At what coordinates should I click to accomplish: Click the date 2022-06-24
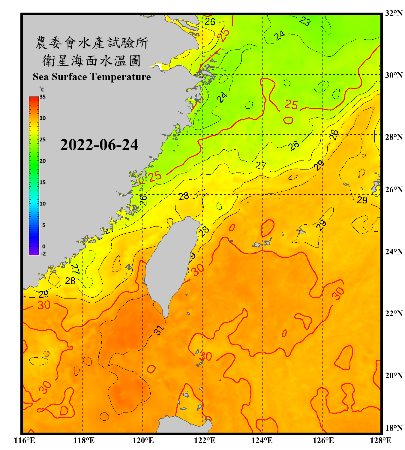pos(99,145)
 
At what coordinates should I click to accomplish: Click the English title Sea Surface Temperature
pos(92,77)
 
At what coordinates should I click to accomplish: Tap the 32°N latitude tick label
pos(394,13)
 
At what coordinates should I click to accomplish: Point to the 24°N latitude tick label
pos(394,251)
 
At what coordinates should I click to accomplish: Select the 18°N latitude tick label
pos(394,428)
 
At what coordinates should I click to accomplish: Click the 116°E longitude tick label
pos(25,440)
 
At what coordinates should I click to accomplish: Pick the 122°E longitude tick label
pos(205,440)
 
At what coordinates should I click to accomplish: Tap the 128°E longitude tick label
pos(380,440)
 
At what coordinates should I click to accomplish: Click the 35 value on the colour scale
pos(43,97)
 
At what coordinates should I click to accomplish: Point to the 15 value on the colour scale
pos(43,182)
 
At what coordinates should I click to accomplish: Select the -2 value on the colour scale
pos(43,254)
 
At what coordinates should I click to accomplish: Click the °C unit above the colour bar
pos(42,89)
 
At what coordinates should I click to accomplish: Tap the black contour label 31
pos(159,330)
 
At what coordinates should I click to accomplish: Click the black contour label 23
pos(305,21)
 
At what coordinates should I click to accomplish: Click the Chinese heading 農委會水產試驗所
pos(92,43)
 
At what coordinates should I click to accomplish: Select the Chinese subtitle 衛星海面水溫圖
pos(91,61)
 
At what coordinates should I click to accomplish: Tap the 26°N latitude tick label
pos(394,190)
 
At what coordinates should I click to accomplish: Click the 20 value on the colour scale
pos(43,161)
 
